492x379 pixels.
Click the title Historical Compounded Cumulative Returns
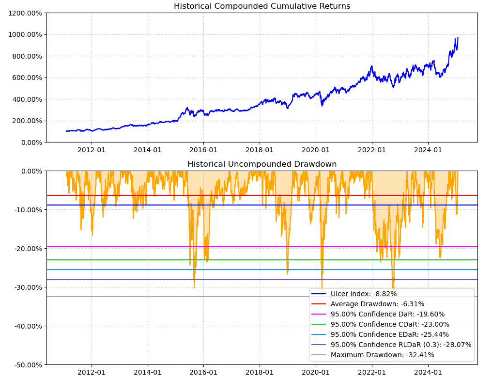(x=262, y=6)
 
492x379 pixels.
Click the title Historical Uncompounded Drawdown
(x=262, y=164)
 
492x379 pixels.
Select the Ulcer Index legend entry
(x=363, y=294)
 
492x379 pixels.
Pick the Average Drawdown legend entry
(x=377, y=304)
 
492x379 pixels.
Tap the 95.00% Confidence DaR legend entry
(x=387, y=314)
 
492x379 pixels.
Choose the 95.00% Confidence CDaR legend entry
(x=390, y=324)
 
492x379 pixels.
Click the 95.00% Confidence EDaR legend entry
(x=390, y=334)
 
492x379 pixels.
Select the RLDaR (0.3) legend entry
(x=401, y=345)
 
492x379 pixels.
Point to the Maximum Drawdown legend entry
(x=382, y=355)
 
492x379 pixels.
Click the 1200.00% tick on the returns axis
(x=25, y=13)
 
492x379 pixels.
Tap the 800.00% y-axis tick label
(x=27, y=56)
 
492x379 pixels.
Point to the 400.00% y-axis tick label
(x=27, y=99)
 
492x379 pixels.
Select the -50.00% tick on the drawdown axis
(x=26, y=364)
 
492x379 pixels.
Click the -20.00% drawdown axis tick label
(x=26, y=248)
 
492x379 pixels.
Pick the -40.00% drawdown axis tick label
(x=26, y=326)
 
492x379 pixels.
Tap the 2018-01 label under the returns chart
(x=260, y=150)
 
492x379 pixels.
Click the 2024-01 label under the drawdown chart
(x=428, y=372)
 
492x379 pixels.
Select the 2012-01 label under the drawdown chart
(x=92, y=372)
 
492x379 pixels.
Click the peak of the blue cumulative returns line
(x=458, y=38)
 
